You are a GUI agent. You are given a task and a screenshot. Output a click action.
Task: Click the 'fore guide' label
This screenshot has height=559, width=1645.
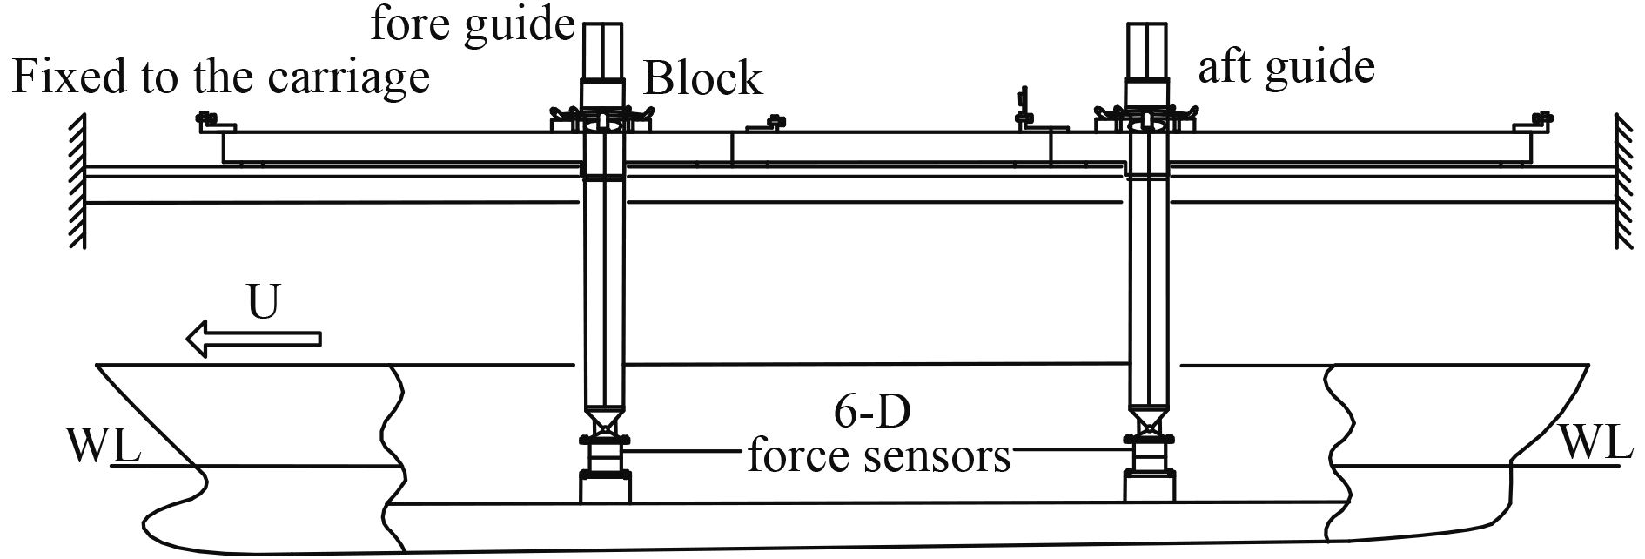coord(473,24)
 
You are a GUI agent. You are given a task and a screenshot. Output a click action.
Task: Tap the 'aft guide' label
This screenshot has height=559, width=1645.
coord(1286,67)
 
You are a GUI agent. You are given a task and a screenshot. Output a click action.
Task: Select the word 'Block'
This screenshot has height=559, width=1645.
coord(702,79)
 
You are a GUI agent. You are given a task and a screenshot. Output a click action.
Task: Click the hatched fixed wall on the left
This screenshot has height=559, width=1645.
coord(77,183)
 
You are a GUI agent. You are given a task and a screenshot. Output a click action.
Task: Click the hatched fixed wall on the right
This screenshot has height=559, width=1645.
coord(1624,183)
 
